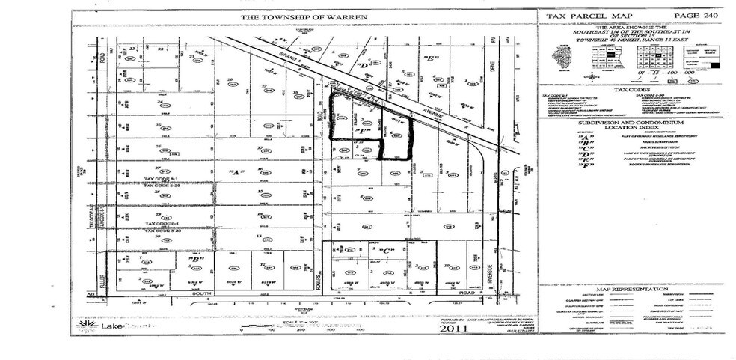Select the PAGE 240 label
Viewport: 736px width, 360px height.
click(x=691, y=15)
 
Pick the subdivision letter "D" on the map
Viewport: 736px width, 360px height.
click(x=365, y=65)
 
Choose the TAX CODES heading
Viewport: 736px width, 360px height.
click(x=630, y=89)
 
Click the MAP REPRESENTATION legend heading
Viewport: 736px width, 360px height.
click(x=630, y=289)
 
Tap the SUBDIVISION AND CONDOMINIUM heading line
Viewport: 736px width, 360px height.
click(x=630, y=121)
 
